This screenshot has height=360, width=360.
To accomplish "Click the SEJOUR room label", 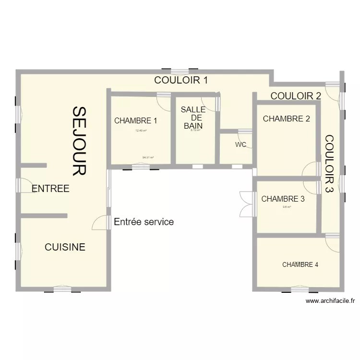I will pyautogui.click(x=79, y=141).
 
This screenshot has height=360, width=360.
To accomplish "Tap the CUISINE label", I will pyautogui.click(x=65, y=247).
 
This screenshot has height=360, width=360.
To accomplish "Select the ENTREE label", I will pyautogui.click(x=50, y=189).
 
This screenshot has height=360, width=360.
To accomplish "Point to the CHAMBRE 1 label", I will pyautogui.click(x=135, y=121).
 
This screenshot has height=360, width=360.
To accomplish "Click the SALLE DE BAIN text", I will pyautogui.click(x=193, y=118).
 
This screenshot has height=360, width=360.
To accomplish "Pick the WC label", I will pyautogui.click(x=241, y=144).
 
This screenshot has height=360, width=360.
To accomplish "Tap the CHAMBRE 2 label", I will pyautogui.click(x=286, y=119).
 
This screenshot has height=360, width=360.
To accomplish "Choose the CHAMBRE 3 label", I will pyautogui.click(x=283, y=199).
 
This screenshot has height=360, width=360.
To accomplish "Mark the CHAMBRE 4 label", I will pyautogui.click(x=300, y=264).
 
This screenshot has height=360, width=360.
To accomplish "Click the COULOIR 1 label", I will pyautogui.click(x=180, y=80).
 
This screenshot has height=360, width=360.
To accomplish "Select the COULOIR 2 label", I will pyautogui.click(x=296, y=96).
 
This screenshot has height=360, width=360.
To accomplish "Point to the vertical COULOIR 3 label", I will pyautogui.click(x=330, y=163).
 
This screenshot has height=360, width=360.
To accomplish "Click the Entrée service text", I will pyautogui.click(x=144, y=222).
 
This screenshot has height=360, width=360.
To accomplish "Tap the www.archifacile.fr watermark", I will pyautogui.click(x=330, y=301).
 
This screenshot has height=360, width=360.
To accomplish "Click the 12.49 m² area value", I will pyautogui.click(x=141, y=131).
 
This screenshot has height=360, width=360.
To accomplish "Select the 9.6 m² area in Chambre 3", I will pyautogui.click(x=287, y=207).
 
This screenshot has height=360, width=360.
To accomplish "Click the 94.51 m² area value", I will pyautogui.click(x=148, y=157).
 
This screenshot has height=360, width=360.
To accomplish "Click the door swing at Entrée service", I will pyautogui.click(x=101, y=222).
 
